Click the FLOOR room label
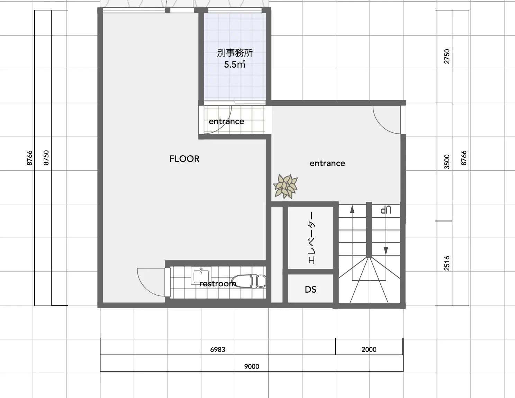pyautogui.click(x=184, y=159)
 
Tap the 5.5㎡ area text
pyautogui.click(x=235, y=64)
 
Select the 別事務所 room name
pyautogui.click(x=235, y=53)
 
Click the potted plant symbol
pyautogui.click(x=285, y=187)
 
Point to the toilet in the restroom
pyautogui.click(x=249, y=281)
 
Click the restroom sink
pyautogui.click(x=201, y=275)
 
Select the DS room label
pyautogui.click(x=310, y=289)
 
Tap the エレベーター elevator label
pyautogui.click(x=312, y=237)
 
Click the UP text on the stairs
pyautogui.click(x=386, y=210)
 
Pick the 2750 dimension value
pyautogui.click(x=447, y=57)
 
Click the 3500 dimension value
pyautogui.click(x=447, y=162)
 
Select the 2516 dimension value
pyautogui.click(x=447, y=263)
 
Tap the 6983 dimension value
pyautogui.click(x=218, y=349)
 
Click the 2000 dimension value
pyautogui.click(x=369, y=349)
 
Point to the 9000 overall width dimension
pyautogui.click(x=252, y=367)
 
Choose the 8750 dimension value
pyautogui.click(x=46, y=158)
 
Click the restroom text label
pyautogui.click(x=218, y=284)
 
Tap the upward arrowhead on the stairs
pyautogui.click(x=352, y=209)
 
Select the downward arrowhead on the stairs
pyautogui.click(x=386, y=251)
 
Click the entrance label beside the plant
pyautogui.click(x=327, y=163)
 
